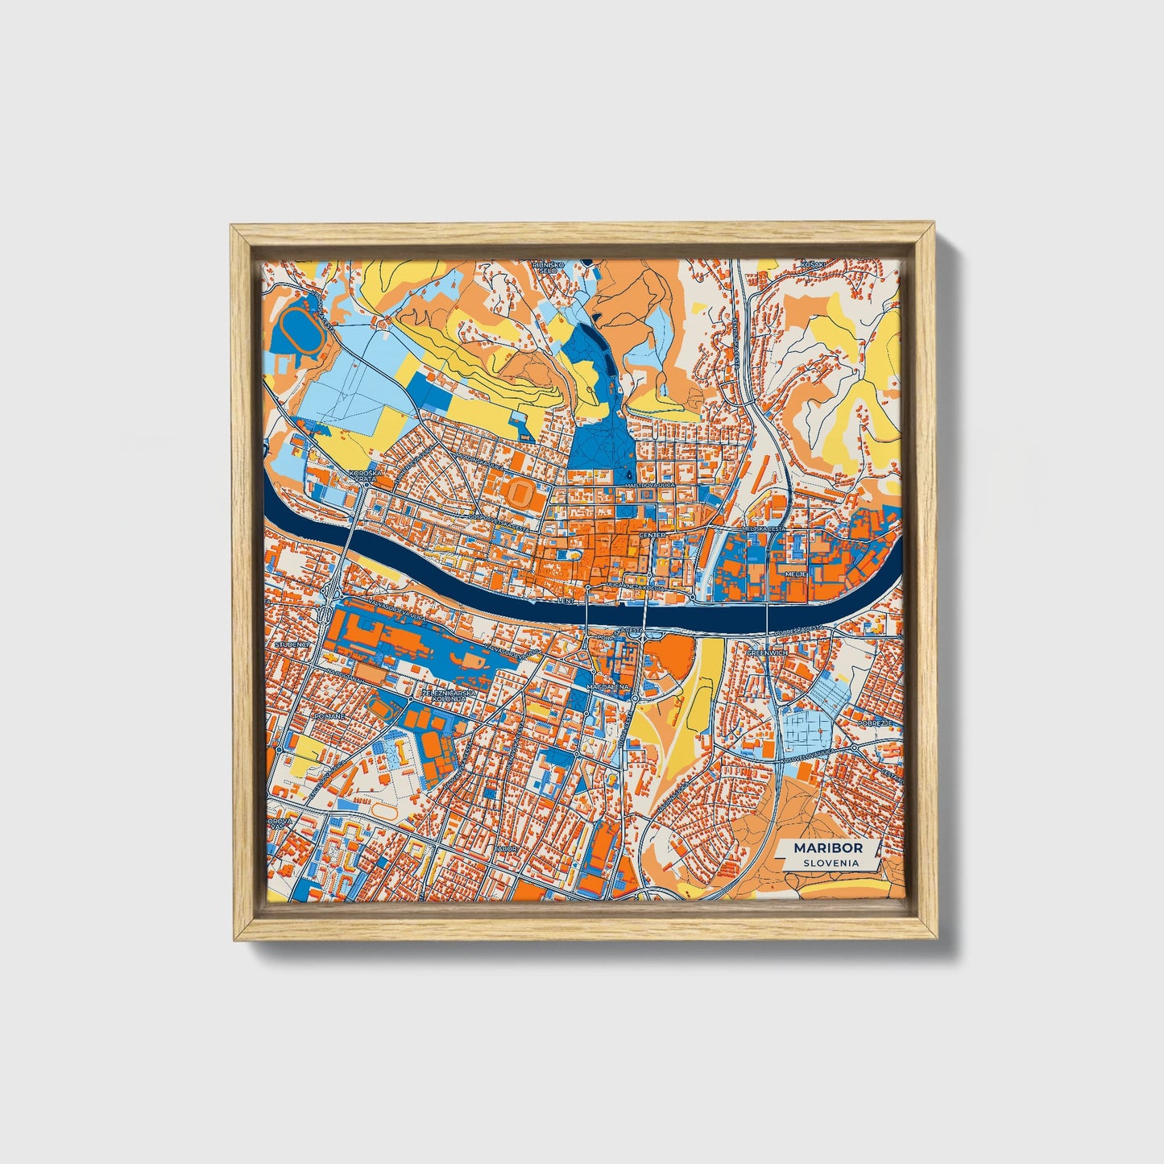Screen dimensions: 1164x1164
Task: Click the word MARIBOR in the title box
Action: tap(827, 848)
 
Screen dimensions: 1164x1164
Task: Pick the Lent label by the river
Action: tap(567, 600)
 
